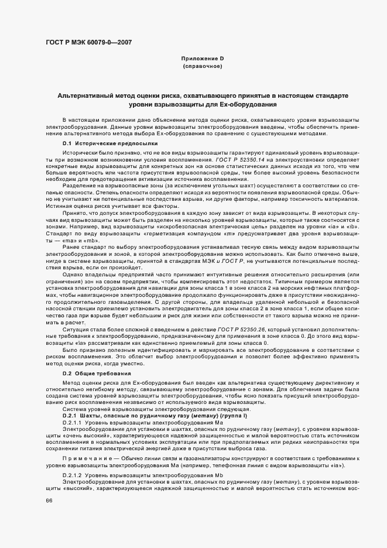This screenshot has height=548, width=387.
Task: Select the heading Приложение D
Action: [x=202, y=59]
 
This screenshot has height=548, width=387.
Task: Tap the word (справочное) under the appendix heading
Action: [x=202, y=67]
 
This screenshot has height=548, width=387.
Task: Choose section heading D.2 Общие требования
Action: [x=93, y=373]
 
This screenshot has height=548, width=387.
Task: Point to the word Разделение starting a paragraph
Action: [x=80, y=185]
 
